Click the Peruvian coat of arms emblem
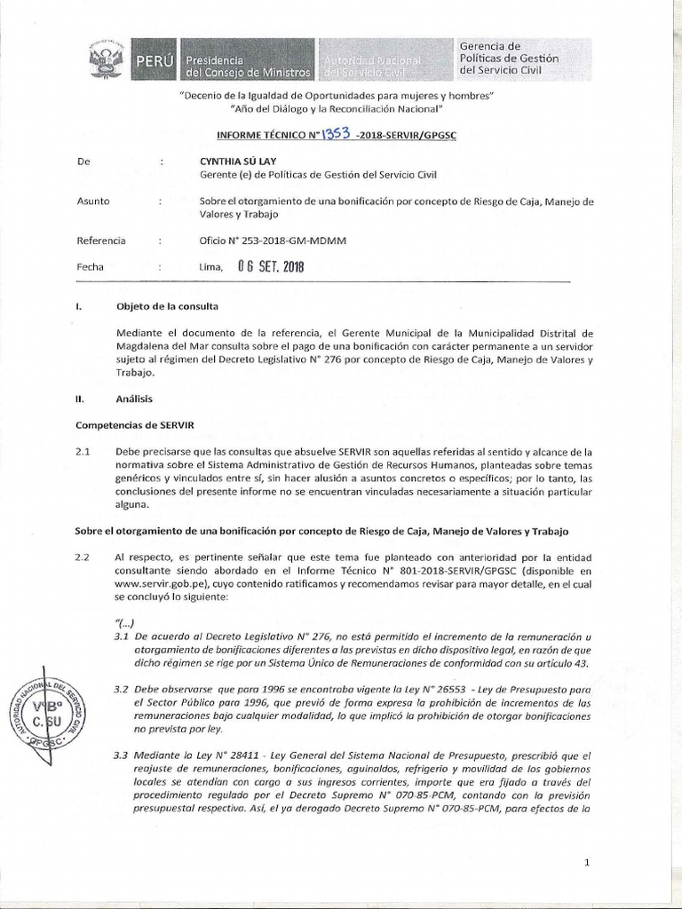(107, 60)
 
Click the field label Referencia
(101, 241)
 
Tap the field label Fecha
(91, 266)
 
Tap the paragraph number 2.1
(84, 452)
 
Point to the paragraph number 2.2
(84, 556)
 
